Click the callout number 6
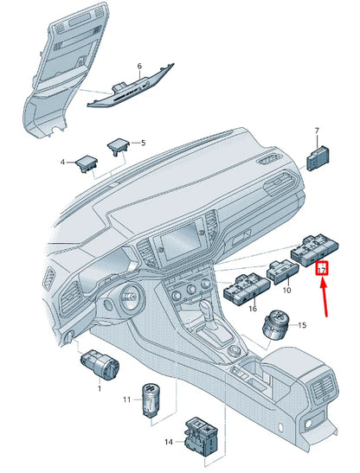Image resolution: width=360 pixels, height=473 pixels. pyautogui.click(x=139, y=66)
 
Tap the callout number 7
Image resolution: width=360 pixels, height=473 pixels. pyautogui.click(x=317, y=131)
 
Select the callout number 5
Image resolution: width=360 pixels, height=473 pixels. pyautogui.click(x=143, y=143)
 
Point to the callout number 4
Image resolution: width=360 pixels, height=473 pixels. pyautogui.click(x=62, y=163)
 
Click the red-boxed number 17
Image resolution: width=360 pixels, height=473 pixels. pyautogui.click(x=322, y=268)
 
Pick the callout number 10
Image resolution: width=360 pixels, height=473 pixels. pyautogui.click(x=287, y=291)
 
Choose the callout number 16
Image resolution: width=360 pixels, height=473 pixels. pyautogui.click(x=253, y=309)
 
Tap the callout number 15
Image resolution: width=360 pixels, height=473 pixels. pyautogui.click(x=302, y=325)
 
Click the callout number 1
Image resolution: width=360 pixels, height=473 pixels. pyautogui.click(x=100, y=388)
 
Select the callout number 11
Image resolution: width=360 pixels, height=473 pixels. pyautogui.click(x=127, y=399)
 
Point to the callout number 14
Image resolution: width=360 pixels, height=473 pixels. pyautogui.click(x=169, y=442)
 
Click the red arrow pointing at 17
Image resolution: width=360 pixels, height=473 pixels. pyautogui.click(x=324, y=297)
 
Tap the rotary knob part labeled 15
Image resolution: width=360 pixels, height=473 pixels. pyautogui.click(x=275, y=325)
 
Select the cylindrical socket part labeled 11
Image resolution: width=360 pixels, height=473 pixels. pyautogui.click(x=151, y=399)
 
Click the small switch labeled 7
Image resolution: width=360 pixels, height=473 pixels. pyautogui.click(x=318, y=158)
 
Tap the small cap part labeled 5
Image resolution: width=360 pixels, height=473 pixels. pyautogui.click(x=118, y=147)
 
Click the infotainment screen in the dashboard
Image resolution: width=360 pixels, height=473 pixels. pyautogui.click(x=181, y=241)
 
